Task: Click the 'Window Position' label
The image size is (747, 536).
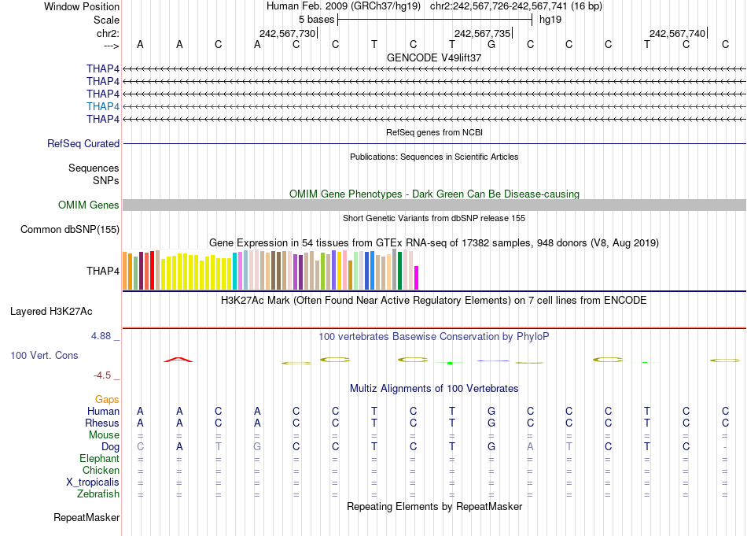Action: tap(82, 6)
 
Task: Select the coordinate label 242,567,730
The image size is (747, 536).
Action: tap(287, 33)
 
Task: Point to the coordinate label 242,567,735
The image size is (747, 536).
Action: tap(482, 33)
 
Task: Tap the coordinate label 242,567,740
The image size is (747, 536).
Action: tap(677, 33)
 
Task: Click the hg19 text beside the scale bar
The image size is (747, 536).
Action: tap(550, 20)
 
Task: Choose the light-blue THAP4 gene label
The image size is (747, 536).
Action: tap(103, 106)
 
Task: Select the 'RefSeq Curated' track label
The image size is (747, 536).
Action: tap(83, 144)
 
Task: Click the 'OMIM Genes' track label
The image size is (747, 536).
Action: tap(89, 205)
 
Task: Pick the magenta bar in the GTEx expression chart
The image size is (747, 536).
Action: tap(417, 278)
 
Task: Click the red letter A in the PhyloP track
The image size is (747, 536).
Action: tap(178, 360)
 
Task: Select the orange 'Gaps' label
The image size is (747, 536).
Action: tap(107, 400)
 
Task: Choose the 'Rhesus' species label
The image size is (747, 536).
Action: tap(102, 423)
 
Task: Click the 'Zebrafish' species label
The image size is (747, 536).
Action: tap(98, 493)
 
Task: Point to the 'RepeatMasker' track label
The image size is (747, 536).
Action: tap(86, 518)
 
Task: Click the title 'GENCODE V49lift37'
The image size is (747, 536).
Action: tap(434, 58)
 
